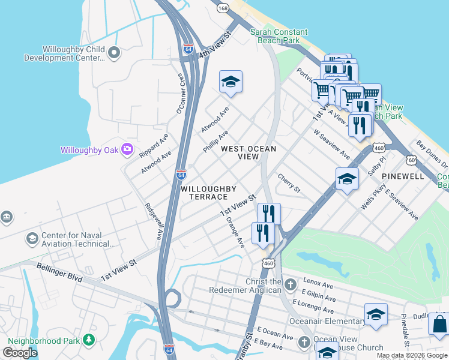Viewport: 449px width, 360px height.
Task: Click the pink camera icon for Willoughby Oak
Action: [x=127, y=149]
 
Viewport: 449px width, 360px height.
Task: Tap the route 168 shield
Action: [x=223, y=8]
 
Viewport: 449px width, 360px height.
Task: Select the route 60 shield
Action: [x=411, y=160]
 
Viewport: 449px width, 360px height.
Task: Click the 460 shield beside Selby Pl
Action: [x=379, y=148]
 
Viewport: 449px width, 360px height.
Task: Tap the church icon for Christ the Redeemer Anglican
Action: [x=290, y=284]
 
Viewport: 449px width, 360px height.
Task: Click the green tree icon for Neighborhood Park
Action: [x=89, y=341]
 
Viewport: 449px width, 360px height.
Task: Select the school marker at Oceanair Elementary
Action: [x=376, y=314]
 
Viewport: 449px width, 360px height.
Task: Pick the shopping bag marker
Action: [x=439, y=324]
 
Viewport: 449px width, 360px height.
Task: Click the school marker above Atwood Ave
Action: [x=231, y=82]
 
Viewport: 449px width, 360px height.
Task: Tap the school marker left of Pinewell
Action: [x=347, y=179]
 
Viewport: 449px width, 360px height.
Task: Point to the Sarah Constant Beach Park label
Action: [x=279, y=36]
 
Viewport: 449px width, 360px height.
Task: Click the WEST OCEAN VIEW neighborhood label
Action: [x=249, y=152]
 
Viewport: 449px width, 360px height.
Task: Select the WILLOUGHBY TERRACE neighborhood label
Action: [x=204, y=193]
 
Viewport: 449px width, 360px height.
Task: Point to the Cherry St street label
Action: [x=289, y=183]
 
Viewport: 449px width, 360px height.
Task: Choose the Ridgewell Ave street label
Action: [x=154, y=220]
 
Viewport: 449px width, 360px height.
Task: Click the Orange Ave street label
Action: [x=235, y=233]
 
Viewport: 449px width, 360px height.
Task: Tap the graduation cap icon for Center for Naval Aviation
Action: [x=32, y=239]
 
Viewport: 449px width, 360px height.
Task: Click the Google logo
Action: [x=20, y=353]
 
